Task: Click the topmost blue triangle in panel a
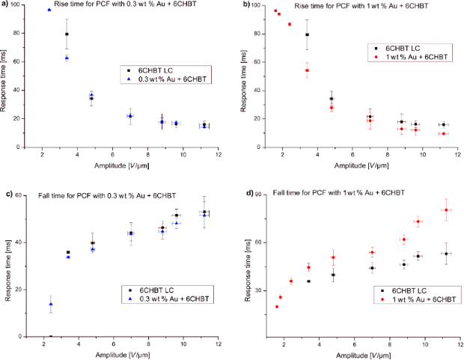coord(49,10)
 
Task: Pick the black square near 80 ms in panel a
coord(67,34)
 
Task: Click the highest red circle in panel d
coord(446,210)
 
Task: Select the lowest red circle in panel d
coord(277,306)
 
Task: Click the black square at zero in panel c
coord(50,337)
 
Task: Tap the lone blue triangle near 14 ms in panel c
coord(50,304)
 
